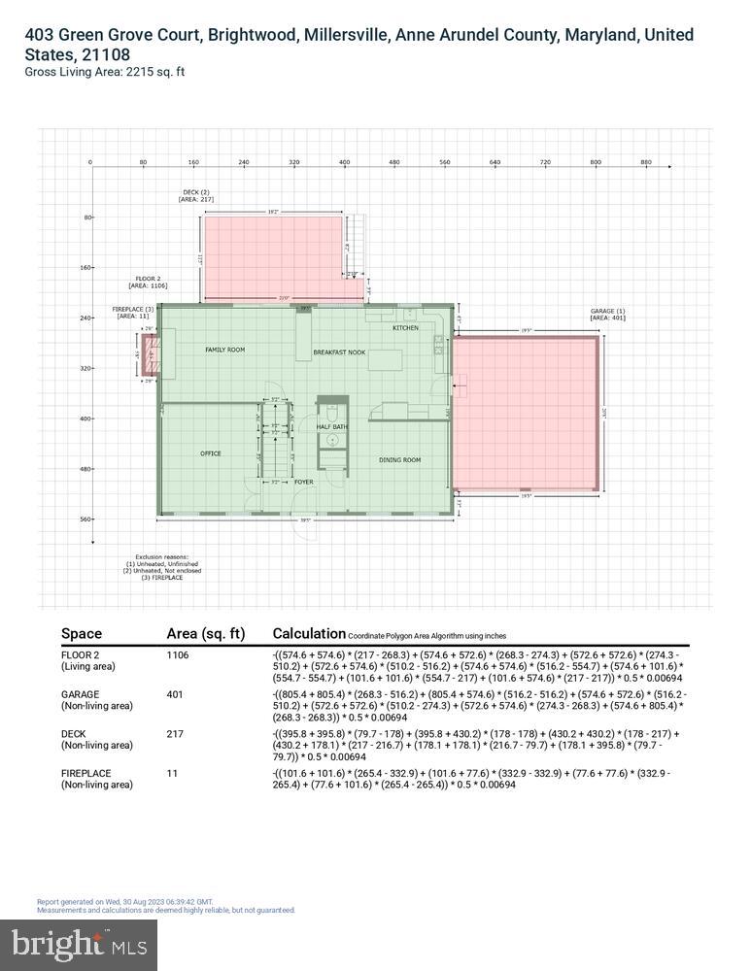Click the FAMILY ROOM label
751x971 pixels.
(224, 350)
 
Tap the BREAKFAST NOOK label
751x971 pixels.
(339, 352)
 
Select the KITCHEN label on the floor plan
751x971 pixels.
(405, 328)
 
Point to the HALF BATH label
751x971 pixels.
(332, 427)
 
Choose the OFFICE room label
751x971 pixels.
(211, 453)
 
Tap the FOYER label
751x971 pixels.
(304, 482)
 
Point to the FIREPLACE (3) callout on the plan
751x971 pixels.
(133, 312)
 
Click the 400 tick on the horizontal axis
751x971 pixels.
(344, 162)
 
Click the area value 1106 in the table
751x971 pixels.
(180, 655)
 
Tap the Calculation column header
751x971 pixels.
(309, 633)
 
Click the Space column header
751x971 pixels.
(81, 634)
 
